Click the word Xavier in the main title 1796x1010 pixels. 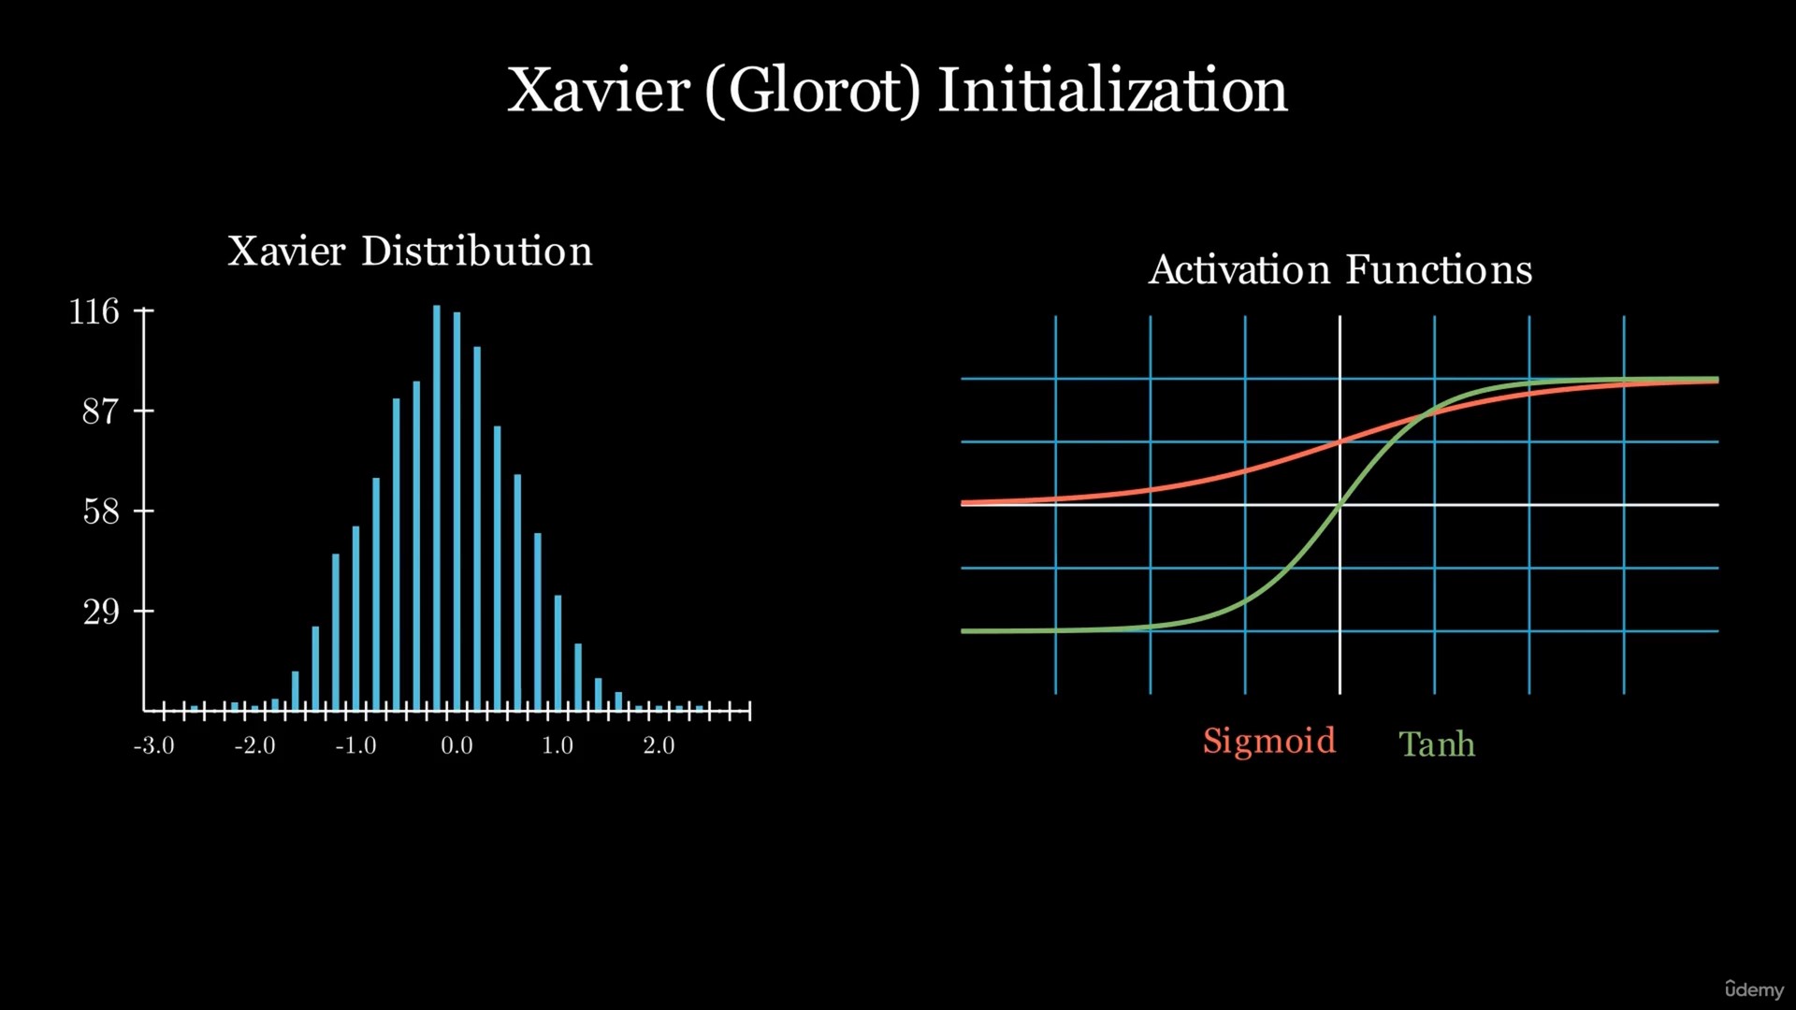coord(599,91)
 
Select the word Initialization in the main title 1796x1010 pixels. coord(1112,91)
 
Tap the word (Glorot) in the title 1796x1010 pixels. coord(813,92)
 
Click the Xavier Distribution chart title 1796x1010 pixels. coord(410,251)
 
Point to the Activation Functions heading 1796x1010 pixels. coord(1340,269)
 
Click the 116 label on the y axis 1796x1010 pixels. coord(94,311)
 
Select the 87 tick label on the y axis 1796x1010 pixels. coord(101,411)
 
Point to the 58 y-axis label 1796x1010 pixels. coord(101,512)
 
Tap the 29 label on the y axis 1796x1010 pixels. coord(101,612)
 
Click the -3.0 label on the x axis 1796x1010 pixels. coord(154,745)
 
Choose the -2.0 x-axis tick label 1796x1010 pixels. coord(255,745)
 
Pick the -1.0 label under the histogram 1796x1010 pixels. coord(356,745)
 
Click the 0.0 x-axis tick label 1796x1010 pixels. coord(457,745)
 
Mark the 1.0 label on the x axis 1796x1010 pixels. coord(558,745)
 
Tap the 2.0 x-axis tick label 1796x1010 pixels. coord(659,745)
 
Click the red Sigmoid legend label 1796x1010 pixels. coord(1269,742)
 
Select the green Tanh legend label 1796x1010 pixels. coord(1438,744)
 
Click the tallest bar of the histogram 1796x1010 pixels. coord(437,508)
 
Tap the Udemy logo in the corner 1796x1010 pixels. coord(1755,988)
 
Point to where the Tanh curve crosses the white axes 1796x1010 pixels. coord(1340,505)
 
